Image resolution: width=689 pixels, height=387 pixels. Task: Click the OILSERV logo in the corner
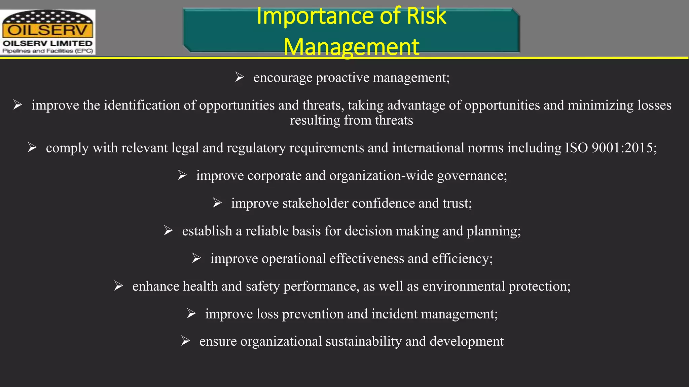tap(48, 32)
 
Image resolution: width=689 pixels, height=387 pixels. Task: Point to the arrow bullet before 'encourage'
tap(240, 77)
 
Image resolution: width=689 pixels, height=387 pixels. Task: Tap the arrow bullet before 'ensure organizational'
tap(185, 341)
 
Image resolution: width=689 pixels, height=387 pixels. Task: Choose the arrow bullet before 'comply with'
tap(32, 147)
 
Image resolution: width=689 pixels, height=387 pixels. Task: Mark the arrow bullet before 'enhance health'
tap(118, 286)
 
